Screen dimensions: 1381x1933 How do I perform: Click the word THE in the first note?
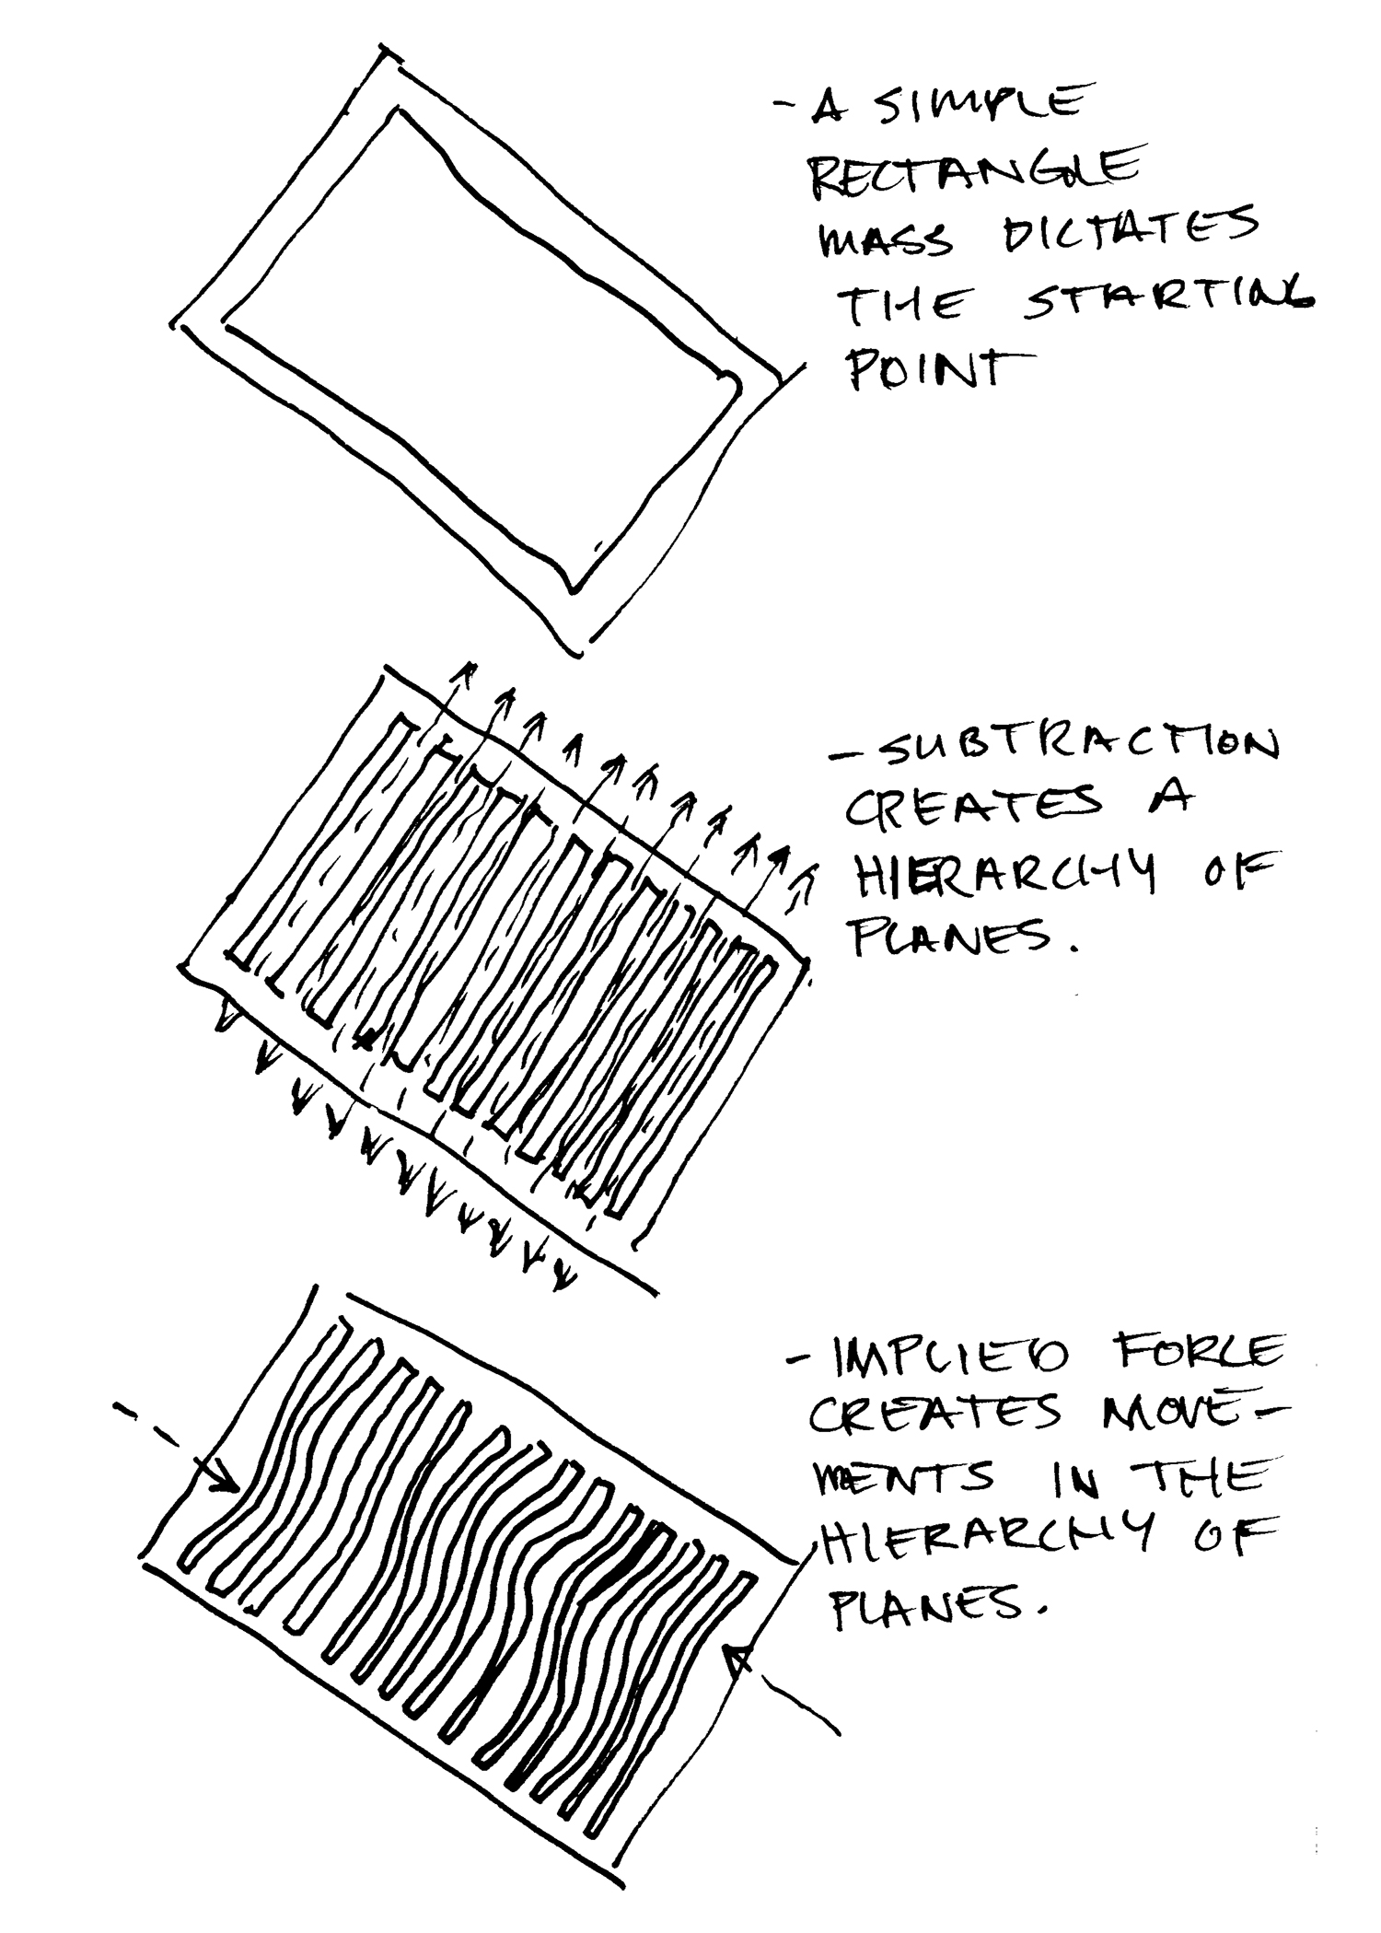902,308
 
